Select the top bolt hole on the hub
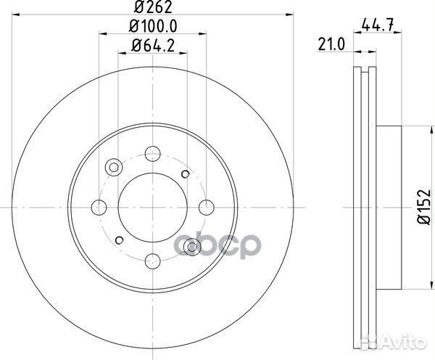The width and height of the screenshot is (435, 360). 152,153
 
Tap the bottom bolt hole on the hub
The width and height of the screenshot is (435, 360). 152,258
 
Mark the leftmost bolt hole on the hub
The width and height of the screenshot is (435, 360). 99,206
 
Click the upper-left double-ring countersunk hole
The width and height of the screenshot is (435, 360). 113,168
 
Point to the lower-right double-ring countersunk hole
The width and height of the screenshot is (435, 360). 191,245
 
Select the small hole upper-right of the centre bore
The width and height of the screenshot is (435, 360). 186,173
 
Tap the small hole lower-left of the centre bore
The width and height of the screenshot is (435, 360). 117,240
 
